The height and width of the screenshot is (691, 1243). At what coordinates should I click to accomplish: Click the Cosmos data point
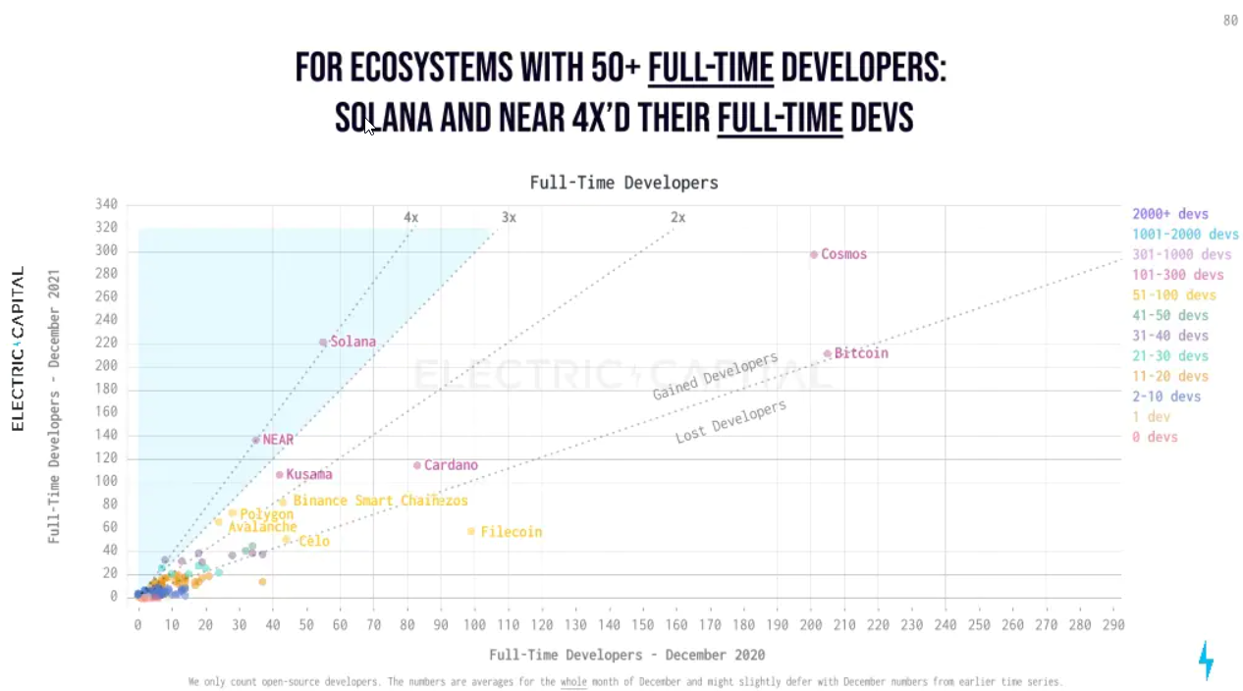tap(814, 254)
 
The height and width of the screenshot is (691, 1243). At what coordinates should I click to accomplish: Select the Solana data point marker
tap(323, 343)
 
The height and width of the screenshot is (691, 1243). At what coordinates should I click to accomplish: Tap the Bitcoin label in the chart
tap(861, 353)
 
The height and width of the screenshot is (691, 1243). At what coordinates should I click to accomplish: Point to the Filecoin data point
tap(471, 531)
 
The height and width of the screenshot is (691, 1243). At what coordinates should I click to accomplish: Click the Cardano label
tap(451, 465)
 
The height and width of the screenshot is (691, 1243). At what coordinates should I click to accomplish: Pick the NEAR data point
tap(256, 440)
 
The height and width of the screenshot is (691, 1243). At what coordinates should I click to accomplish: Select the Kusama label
tap(309, 474)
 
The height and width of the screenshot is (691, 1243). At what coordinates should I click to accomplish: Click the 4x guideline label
tap(410, 217)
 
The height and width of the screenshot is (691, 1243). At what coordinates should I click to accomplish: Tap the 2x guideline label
tap(677, 217)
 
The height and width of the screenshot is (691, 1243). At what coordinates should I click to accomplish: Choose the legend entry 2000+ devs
tap(1169, 214)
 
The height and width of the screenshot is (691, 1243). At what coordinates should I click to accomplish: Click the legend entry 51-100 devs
tap(1173, 295)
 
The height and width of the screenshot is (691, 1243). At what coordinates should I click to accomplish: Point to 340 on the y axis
tap(106, 204)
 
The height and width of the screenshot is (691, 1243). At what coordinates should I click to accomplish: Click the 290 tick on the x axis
tap(1113, 624)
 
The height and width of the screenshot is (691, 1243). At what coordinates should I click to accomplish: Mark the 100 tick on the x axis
tap(474, 624)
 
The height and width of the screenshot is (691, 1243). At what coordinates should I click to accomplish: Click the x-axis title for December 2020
tap(626, 654)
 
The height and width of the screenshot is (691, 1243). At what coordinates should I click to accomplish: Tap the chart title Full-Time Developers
tap(623, 183)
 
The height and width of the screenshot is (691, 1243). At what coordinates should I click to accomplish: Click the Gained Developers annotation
tap(715, 376)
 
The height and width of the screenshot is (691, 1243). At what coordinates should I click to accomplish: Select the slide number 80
tap(1229, 21)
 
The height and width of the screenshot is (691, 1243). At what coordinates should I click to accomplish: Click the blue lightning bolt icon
tap(1206, 660)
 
